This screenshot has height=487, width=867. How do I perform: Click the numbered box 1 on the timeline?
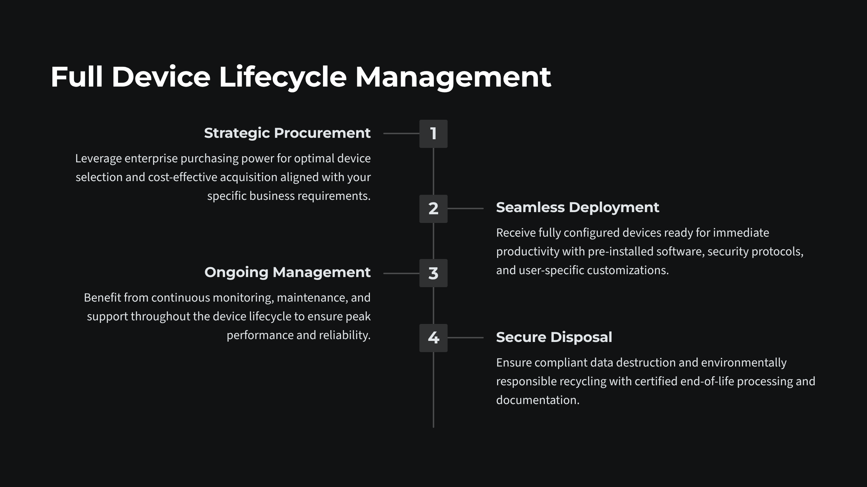click(433, 134)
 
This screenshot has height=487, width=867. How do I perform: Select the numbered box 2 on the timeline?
click(433, 209)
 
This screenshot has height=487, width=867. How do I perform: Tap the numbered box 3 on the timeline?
click(433, 273)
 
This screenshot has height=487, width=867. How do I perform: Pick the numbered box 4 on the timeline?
click(433, 338)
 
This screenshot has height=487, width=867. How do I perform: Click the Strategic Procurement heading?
click(287, 133)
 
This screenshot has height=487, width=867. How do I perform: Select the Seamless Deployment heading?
click(577, 207)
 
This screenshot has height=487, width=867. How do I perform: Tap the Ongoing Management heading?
click(287, 272)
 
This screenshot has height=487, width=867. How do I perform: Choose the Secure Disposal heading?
click(554, 337)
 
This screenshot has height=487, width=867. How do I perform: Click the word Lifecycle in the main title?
click(282, 77)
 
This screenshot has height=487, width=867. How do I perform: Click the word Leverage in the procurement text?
click(98, 159)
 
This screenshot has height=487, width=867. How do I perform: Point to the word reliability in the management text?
click(344, 335)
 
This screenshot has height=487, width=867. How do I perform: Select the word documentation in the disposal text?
click(538, 400)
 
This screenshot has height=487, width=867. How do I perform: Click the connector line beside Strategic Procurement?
click(401, 133)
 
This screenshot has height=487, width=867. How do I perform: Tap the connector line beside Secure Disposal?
click(465, 338)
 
